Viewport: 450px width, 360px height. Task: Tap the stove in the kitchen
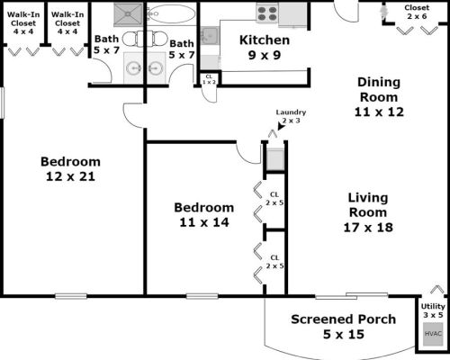267,13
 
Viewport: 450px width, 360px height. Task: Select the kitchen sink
208,36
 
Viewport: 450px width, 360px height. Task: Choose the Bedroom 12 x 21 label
70,169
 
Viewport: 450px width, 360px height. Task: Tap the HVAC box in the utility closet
434,334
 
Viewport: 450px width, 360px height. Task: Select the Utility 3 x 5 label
434,310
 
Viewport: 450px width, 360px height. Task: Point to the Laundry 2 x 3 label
290,116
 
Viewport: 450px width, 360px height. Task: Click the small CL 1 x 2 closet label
209,79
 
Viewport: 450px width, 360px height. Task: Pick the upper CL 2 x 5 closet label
274,198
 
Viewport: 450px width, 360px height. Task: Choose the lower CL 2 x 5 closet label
274,262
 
